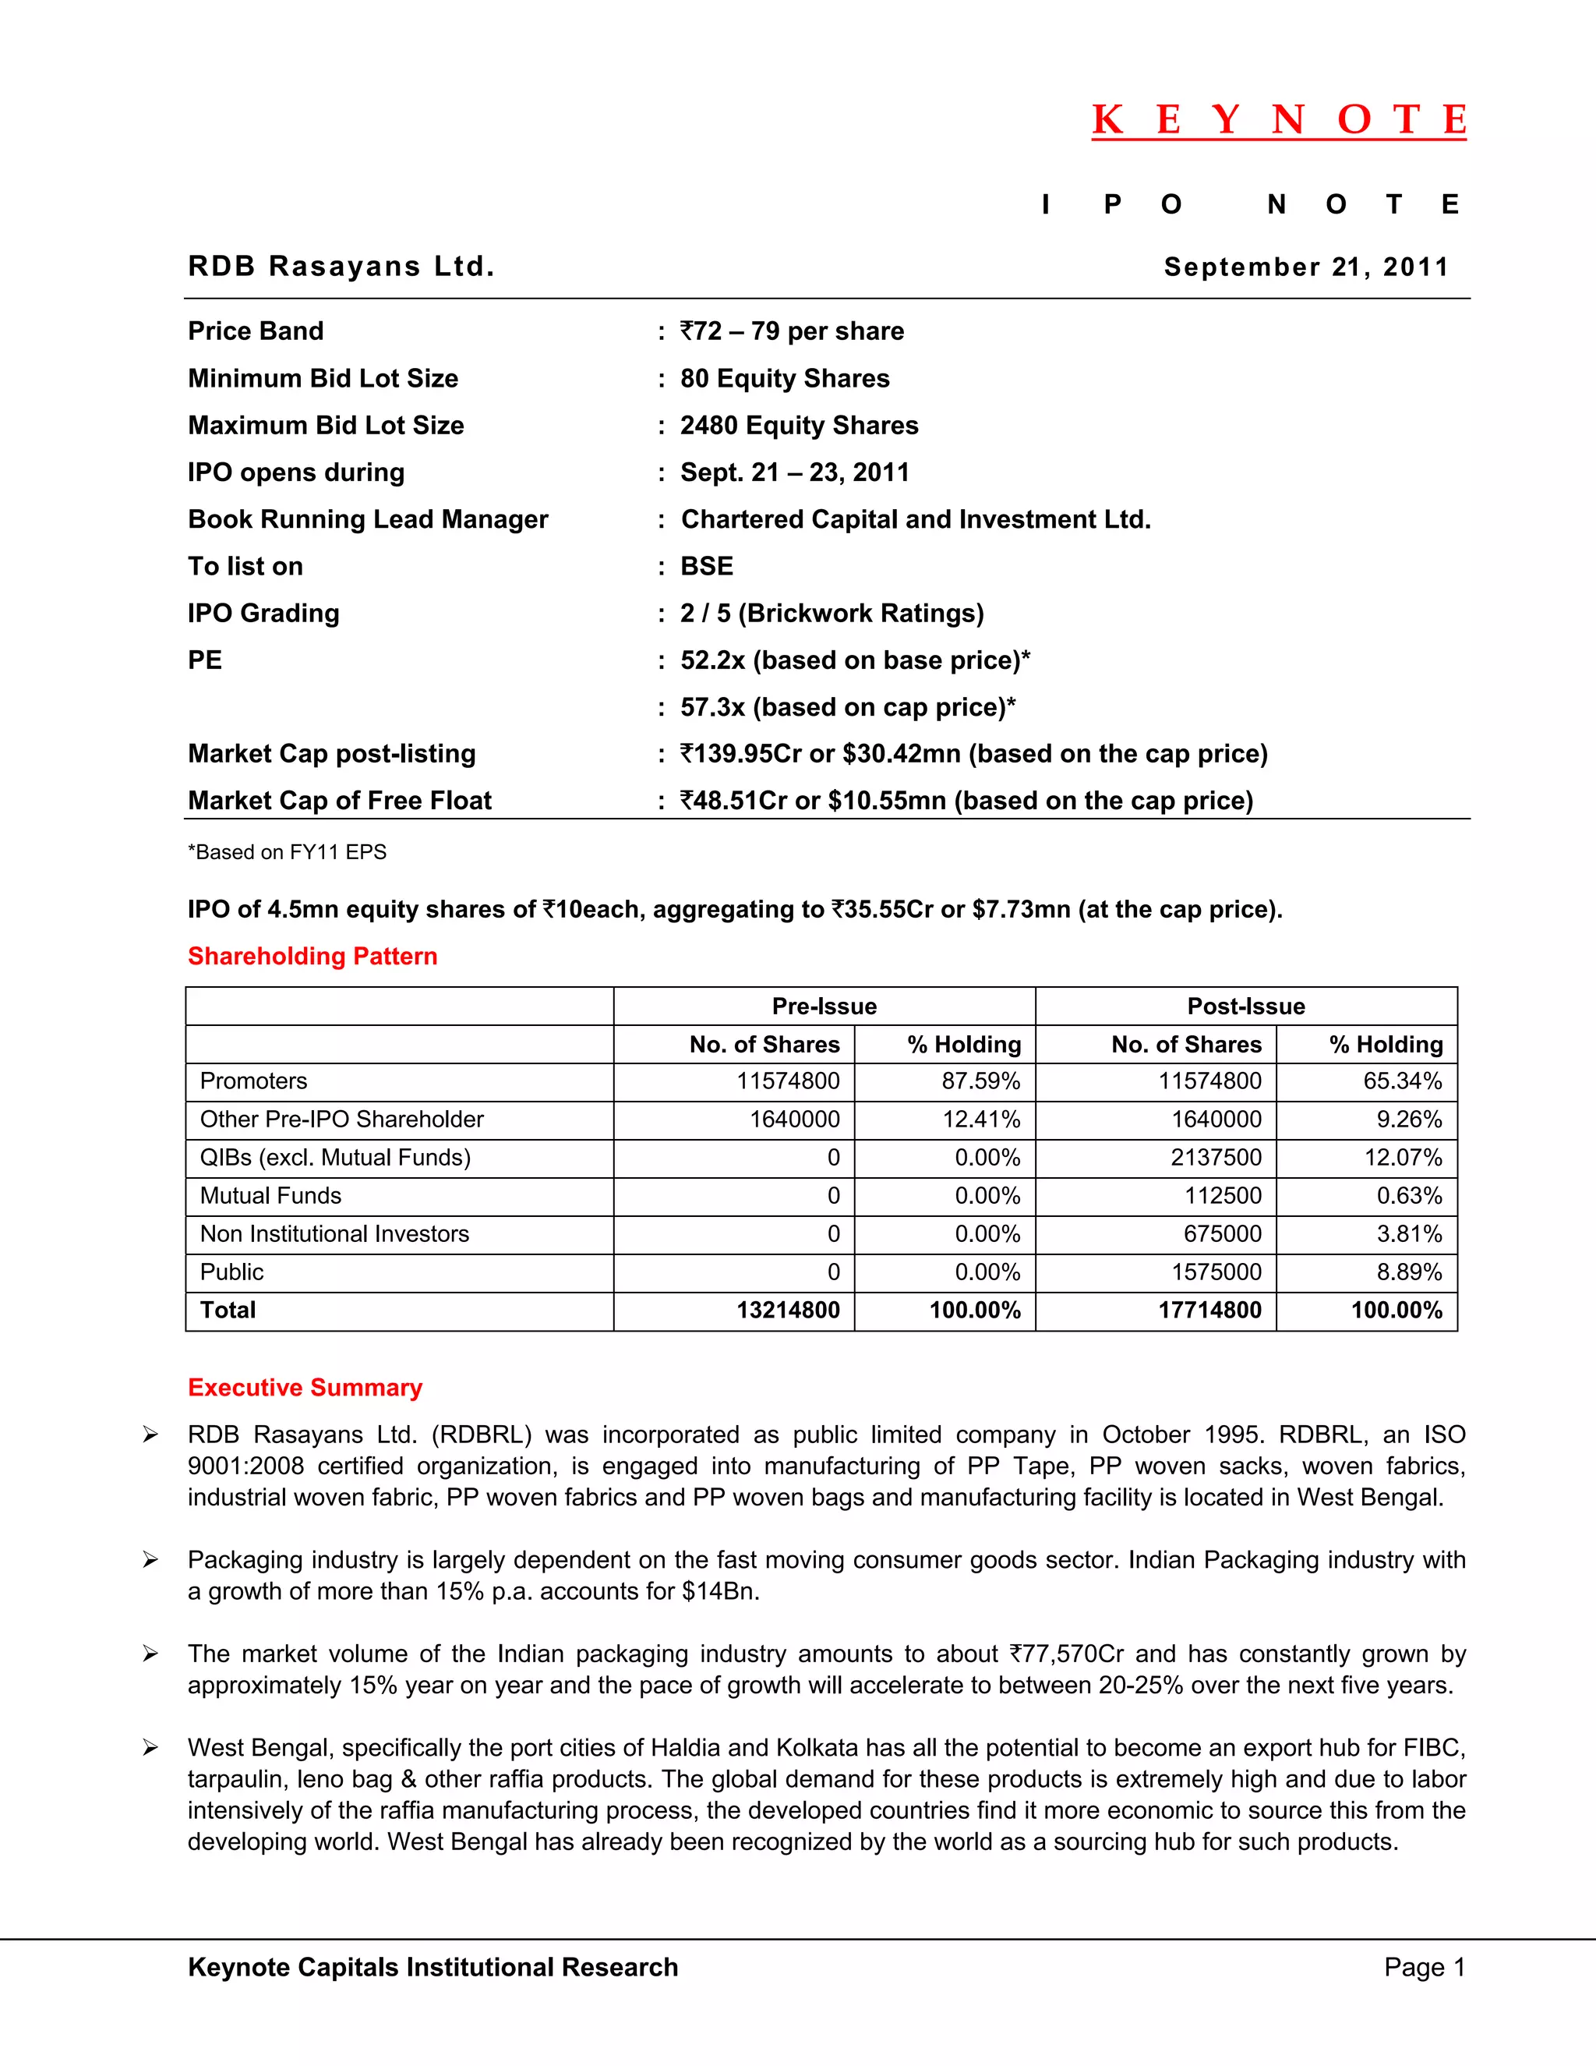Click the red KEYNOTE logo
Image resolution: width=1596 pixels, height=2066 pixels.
tap(1278, 120)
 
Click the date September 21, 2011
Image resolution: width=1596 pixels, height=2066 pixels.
tap(1306, 267)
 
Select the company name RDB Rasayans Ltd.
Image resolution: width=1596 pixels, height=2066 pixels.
tap(341, 266)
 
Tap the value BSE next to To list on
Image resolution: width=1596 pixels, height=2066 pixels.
tap(706, 566)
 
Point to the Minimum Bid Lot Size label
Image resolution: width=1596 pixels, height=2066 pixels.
tap(323, 378)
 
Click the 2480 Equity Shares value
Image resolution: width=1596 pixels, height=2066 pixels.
tap(799, 425)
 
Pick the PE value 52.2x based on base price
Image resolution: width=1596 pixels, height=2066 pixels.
tap(855, 660)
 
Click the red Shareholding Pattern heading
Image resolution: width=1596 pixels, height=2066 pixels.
tap(312, 956)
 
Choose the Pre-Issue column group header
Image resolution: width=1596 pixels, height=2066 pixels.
tap(824, 1006)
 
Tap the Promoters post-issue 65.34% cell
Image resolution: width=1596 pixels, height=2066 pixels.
tap(1402, 1081)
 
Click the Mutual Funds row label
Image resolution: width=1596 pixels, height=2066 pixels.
tap(270, 1196)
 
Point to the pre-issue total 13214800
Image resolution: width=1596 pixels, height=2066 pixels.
tap(788, 1311)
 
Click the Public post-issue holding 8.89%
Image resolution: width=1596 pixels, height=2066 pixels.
tap(1409, 1272)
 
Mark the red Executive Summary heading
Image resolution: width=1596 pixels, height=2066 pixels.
tap(305, 1387)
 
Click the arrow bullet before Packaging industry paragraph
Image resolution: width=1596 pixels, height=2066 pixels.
tap(150, 1560)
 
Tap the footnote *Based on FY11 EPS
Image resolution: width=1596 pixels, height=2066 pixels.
tap(287, 851)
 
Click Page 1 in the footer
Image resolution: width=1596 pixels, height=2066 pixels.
tap(1424, 1967)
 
